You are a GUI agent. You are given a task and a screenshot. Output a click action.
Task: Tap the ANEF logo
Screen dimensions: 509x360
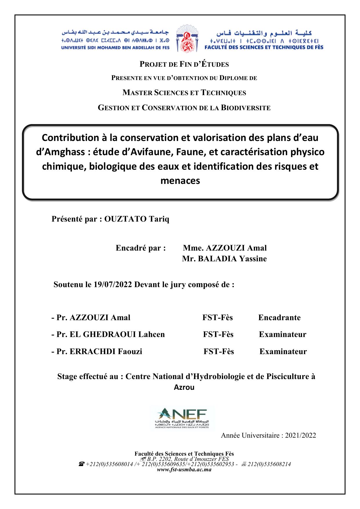pyautogui.click(x=182, y=418)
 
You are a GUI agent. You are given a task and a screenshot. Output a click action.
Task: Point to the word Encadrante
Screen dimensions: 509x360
pyautogui.click(x=279, y=318)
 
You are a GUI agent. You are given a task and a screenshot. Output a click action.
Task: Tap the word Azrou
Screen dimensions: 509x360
pyautogui.click(x=184, y=387)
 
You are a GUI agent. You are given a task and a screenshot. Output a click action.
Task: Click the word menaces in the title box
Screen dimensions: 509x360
pyautogui.click(x=180, y=181)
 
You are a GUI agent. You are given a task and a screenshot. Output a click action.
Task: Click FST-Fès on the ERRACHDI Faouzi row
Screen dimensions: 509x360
pyautogui.click(x=218, y=352)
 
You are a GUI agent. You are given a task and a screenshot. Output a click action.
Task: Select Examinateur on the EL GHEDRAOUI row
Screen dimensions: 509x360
pyautogui.click(x=283, y=334)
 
